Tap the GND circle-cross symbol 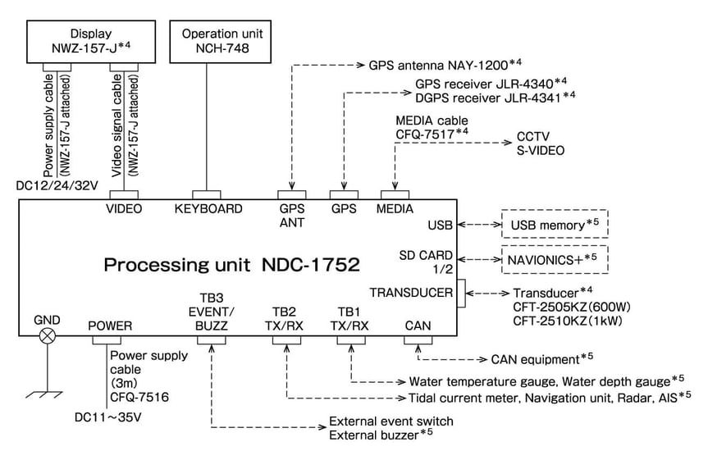coord(48,335)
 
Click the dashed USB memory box coord(554,223)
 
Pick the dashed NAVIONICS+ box coord(554,260)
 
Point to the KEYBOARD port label coord(208,209)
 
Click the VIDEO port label coord(124,209)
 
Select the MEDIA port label coord(395,209)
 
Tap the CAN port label coord(418,326)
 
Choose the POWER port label coord(111,326)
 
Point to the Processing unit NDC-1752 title coord(232,266)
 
